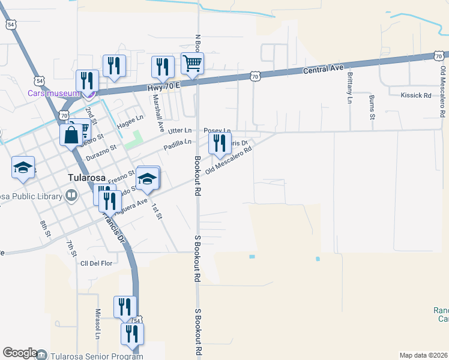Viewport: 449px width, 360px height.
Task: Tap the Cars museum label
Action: [x=53, y=93]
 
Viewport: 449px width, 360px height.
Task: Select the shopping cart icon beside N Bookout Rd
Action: [x=192, y=63]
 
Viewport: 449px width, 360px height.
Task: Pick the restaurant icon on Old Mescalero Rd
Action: [x=220, y=144]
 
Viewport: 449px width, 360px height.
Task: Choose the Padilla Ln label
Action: [x=179, y=142]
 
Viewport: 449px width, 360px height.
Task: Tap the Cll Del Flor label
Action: [x=97, y=262]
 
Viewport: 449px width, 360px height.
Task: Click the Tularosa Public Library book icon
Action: [x=71, y=196]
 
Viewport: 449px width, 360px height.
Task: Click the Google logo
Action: [x=20, y=353]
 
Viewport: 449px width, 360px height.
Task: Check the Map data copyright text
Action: [x=423, y=355]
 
